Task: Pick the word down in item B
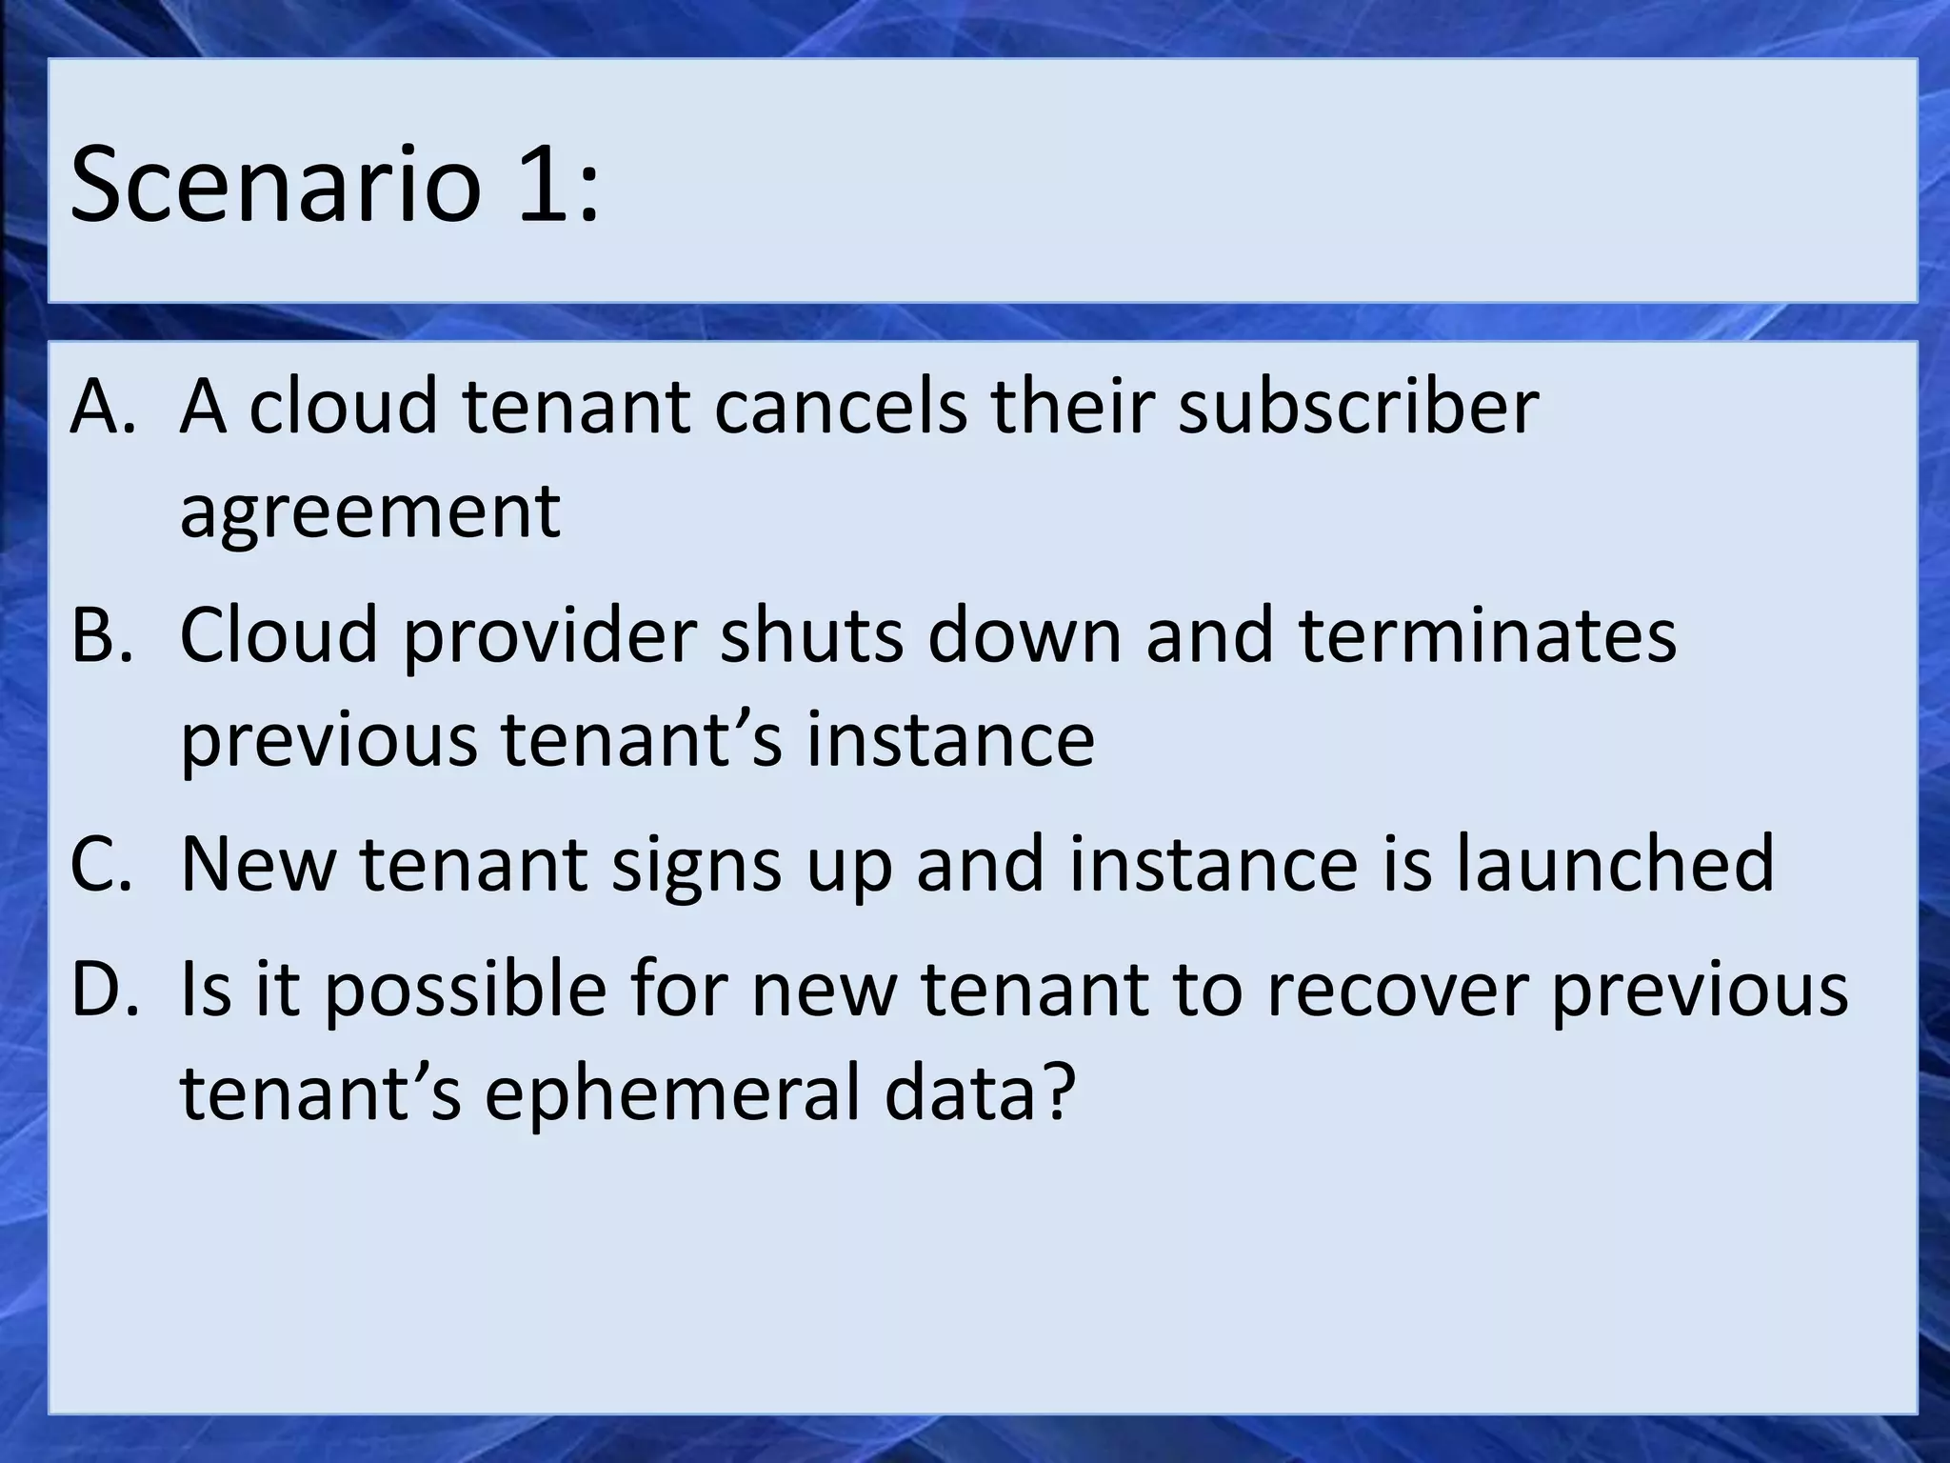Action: (x=1025, y=635)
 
